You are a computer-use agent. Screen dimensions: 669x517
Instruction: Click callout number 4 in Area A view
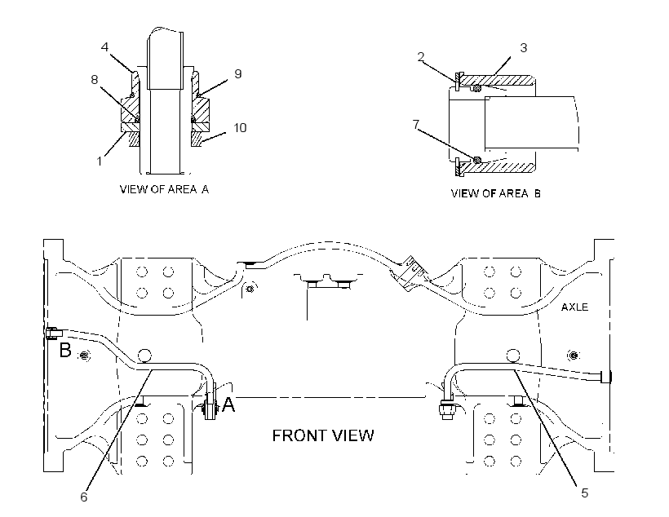(x=105, y=47)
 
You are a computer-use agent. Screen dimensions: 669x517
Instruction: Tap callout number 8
(x=95, y=79)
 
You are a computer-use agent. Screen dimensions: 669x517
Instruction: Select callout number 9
(x=238, y=73)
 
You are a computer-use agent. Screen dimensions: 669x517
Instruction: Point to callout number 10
(x=240, y=127)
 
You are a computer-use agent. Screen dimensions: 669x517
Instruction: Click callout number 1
(x=100, y=161)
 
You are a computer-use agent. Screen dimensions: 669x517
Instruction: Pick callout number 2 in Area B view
(x=421, y=57)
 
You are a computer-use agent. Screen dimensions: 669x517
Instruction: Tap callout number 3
(x=524, y=48)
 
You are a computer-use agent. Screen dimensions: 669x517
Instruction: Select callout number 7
(x=416, y=124)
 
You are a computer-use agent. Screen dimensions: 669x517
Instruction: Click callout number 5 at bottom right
(x=584, y=493)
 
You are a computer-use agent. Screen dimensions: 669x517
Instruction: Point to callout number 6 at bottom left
(x=83, y=497)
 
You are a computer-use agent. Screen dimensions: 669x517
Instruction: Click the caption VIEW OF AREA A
(x=164, y=189)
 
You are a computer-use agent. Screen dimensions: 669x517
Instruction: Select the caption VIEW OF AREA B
(x=496, y=193)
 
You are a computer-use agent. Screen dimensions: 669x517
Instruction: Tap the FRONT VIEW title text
(x=323, y=435)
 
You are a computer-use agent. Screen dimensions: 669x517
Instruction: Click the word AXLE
(x=574, y=307)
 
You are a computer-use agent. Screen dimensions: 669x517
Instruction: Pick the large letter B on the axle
(x=65, y=350)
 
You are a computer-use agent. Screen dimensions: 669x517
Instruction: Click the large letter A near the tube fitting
(x=228, y=404)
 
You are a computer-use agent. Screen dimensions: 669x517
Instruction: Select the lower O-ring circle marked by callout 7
(x=477, y=160)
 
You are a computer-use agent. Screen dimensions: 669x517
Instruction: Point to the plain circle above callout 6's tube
(x=144, y=356)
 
